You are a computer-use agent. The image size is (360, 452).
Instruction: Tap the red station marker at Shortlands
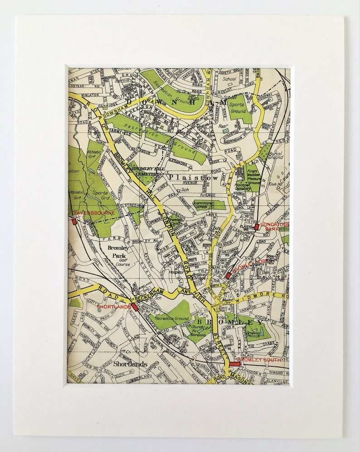point(135,307)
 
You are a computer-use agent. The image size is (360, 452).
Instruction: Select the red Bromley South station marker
point(234,364)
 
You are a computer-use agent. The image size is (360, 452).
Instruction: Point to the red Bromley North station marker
point(228,275)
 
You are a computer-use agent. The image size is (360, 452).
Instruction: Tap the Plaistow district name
point(194,178)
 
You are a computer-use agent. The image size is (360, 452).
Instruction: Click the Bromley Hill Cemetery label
point(146,171)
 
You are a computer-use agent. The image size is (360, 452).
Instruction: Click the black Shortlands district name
point(130,364)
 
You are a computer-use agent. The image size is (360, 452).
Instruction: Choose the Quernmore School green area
point(209,204)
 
